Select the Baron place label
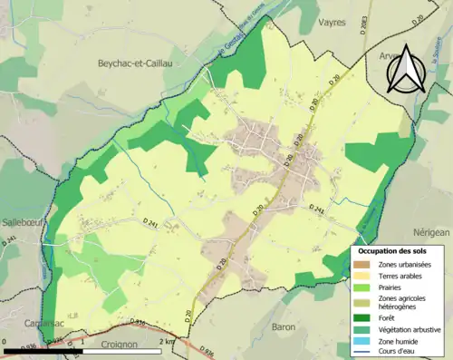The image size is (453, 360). tap(284, 326)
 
